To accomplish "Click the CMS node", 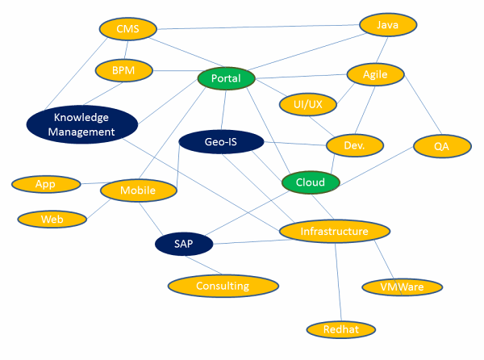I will pos(128,30).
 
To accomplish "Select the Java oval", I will pos(388,25).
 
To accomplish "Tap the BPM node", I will pos(123,71).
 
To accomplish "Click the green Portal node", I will pos(227,78).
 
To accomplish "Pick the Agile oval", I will pos(375,74).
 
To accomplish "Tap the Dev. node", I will pos(354,145).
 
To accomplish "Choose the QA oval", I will pos(441,146).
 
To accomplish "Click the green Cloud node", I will pos(311,182).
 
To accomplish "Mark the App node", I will pos(46,184).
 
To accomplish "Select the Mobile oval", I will pos(138,190).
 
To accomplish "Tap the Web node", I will pos(52,219).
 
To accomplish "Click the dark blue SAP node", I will pos(183,243).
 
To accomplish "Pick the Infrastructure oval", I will pos(334,232).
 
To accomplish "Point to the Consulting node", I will pos(223,286).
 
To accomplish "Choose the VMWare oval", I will pos(403,287).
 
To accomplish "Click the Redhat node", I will pos(342,329).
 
